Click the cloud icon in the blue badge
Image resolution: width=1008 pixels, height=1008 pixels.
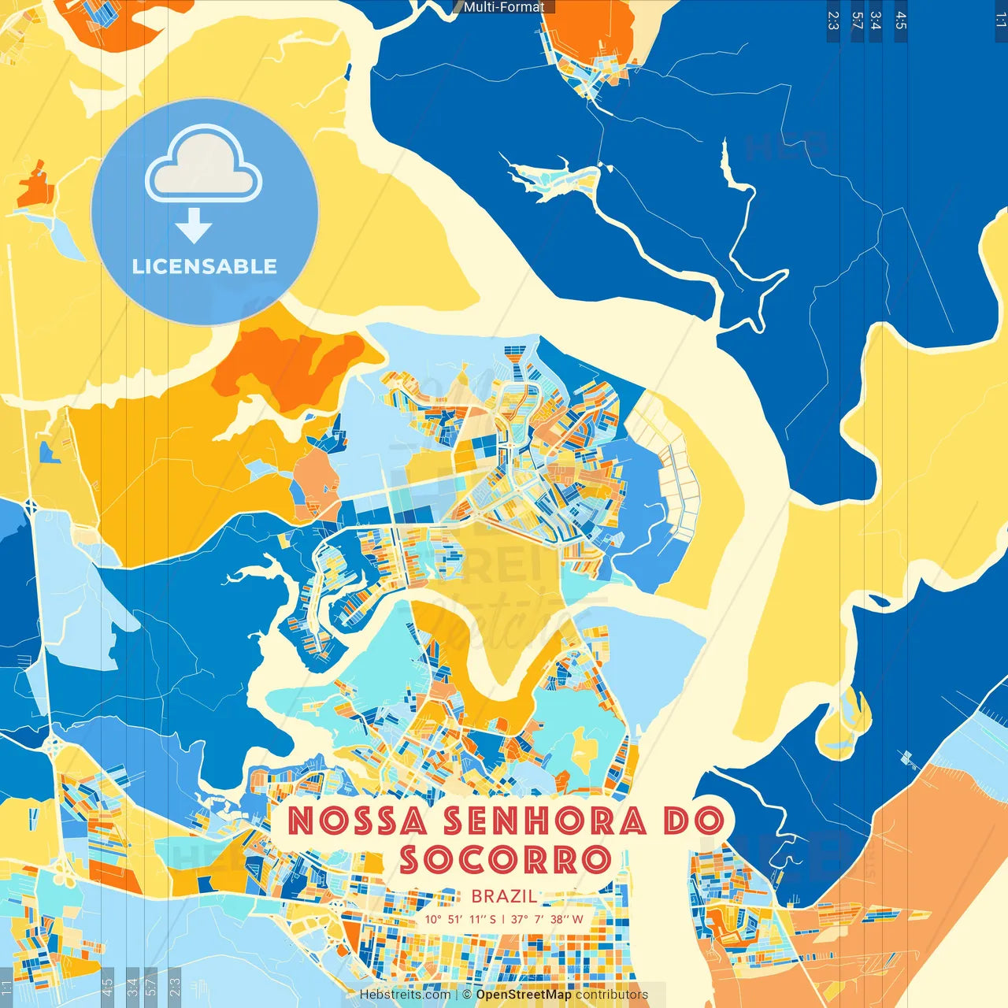(x=204, y=164)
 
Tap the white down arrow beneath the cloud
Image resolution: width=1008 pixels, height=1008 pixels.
(x=194, y=226)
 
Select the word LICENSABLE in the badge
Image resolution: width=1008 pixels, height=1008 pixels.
(x=205, y=266)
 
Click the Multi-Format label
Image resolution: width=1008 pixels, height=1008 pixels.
(x=504, y=7)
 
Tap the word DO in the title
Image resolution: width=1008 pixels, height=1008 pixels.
(x=693, y=821)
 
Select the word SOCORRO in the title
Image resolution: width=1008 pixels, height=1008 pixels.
(x=505, y=860)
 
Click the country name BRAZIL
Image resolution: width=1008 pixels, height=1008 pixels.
(x=504, y=896)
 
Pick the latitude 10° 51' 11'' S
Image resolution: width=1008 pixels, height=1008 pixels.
(x=460, y=919)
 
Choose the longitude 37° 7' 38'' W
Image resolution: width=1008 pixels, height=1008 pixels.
(x=547, y=919)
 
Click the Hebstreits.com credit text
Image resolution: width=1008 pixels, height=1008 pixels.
(x=405, y=995)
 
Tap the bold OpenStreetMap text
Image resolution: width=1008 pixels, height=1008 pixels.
(x=524, y=995)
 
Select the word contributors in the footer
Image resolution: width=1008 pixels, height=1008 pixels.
(x=612, y=995)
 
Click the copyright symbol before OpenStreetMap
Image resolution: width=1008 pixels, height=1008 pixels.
(x=467, y=995)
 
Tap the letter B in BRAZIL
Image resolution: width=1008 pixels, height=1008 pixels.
(x=476, y=896)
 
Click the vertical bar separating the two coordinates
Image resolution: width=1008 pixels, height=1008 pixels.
(x=503, y=919)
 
